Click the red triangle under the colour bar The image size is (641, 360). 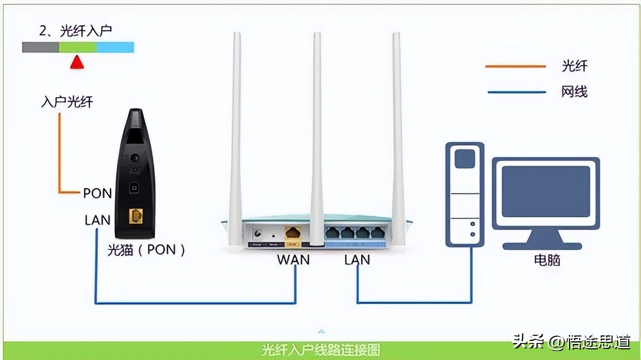[x=77, y=62]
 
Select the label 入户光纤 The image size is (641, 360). [x=67, y=101]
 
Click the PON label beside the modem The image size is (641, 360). [x=97, y=193]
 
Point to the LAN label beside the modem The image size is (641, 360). [x=97, y=220]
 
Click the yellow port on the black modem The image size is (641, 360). [x=136, y=216]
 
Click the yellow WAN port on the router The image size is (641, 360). [x=293, y=233]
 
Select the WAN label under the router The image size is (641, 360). [x=293, y=260]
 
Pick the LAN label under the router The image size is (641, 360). [x=357, y=260]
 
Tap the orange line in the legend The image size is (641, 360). [x=515, y=67]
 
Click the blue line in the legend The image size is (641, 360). [x=515, y=92]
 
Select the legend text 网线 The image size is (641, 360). [x=574, y=92]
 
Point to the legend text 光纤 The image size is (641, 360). [x=574, y=66]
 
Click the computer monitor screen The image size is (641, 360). [x=546, y=191]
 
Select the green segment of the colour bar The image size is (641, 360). [x=77, y=48]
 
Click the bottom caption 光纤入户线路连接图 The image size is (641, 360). [x=320, y=350]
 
